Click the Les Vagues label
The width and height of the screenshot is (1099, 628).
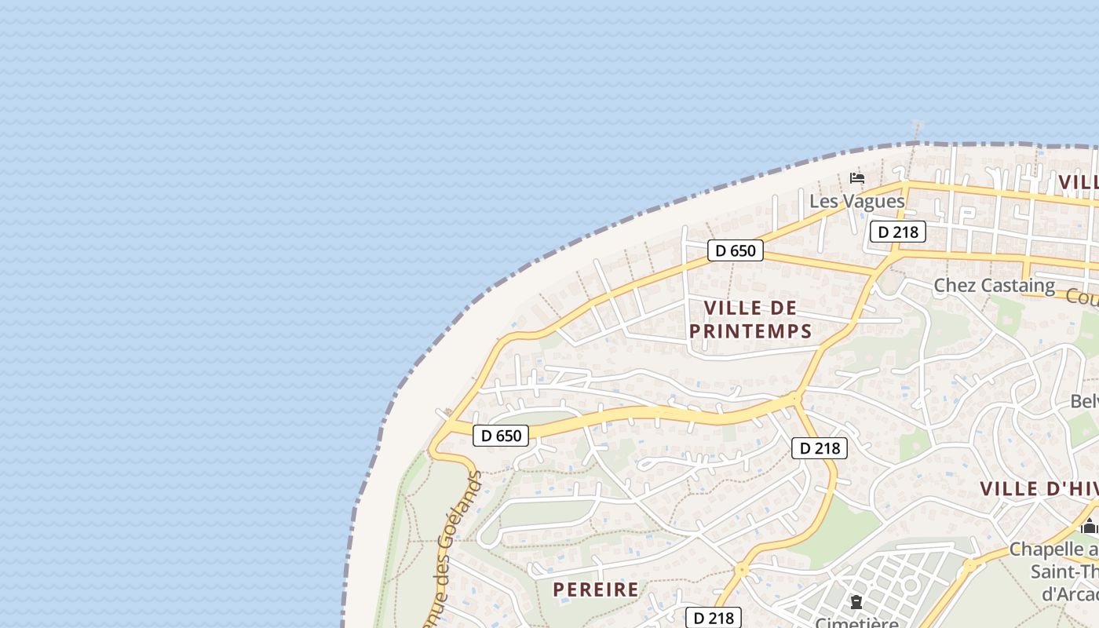[856, 201]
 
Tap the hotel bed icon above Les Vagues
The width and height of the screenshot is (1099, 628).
[857, 178]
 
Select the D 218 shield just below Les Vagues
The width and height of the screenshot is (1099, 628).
[898, 232]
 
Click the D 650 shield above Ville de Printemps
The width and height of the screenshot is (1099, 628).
[736, 250]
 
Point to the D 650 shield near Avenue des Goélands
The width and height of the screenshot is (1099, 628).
[501, 435]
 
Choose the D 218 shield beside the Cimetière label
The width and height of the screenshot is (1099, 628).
[713, 618]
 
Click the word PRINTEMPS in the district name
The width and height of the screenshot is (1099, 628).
[750, 331]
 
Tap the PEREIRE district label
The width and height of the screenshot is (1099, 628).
[596, 590]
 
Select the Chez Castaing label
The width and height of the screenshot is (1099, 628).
[994, 285]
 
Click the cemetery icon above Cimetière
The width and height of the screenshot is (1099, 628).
[856, 602]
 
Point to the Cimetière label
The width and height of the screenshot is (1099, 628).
[856, 623]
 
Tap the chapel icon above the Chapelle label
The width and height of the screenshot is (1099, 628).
[1089, 526]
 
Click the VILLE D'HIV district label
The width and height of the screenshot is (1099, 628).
[1038, 488]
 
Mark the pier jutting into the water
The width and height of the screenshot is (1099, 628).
[916, 128]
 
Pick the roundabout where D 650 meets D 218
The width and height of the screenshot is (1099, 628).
[795, 398]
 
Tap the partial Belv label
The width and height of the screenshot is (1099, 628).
[1084, 401]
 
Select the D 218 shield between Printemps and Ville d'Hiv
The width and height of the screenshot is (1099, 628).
[820, 448]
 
